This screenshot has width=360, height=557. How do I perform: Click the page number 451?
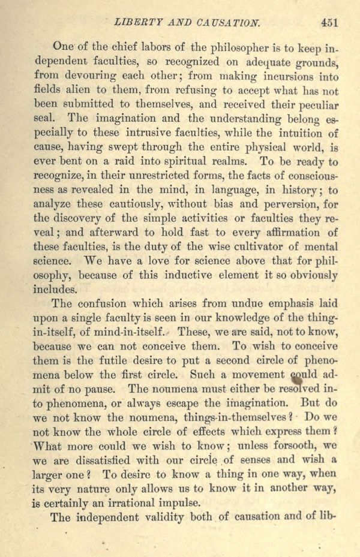[x=329, y=23]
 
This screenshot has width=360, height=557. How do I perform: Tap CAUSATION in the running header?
[x=229, y=23]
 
